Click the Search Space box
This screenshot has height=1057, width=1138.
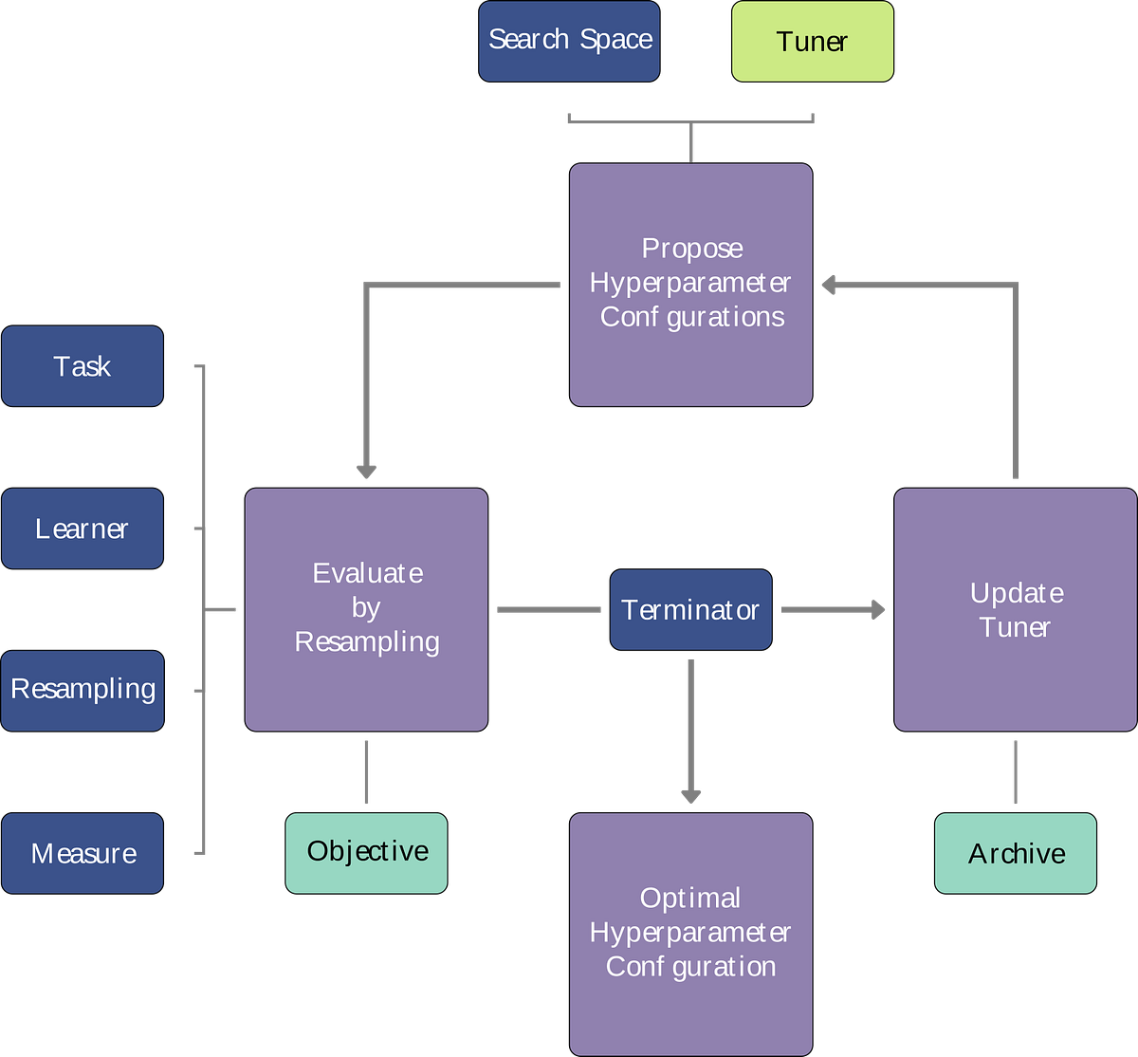569,41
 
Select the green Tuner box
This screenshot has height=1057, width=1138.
812,41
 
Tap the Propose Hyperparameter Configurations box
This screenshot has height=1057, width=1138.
690,284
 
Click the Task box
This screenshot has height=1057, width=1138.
83,366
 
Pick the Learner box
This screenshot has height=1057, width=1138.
83,528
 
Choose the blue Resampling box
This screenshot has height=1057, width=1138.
83,690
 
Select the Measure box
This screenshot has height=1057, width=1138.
83,853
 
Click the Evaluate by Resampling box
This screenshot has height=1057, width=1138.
366,608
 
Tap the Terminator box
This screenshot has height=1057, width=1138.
690,609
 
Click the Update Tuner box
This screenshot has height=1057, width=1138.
1015,608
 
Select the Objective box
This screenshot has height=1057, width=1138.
366,852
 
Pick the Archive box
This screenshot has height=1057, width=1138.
1016,853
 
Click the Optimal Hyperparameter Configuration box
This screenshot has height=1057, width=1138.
690,933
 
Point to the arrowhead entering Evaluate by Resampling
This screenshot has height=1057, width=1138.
366,470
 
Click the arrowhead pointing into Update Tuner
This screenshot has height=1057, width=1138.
877,609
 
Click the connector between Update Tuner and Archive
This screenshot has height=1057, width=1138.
1016,771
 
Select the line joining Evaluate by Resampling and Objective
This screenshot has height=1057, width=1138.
366,771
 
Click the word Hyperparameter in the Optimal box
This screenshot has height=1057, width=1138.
690,933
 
